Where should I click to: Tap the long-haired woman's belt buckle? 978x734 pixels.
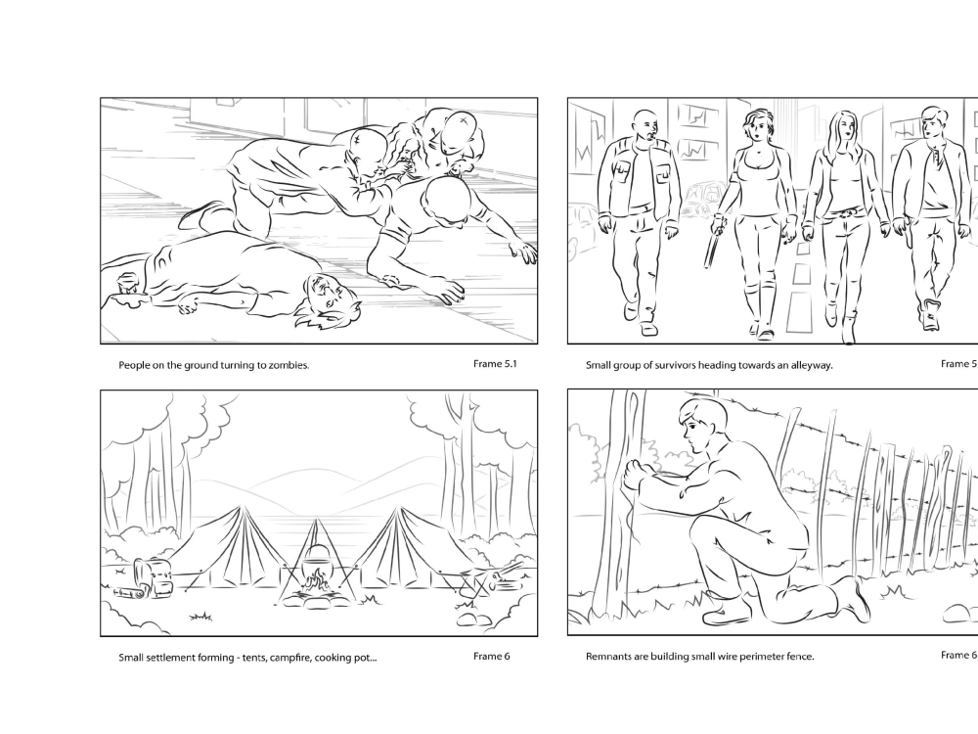[839, 212]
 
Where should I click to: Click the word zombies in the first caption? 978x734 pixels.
[286, 365]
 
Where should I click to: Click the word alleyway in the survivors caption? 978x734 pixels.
[808, 365]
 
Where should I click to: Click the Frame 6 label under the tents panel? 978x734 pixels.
[491, 656]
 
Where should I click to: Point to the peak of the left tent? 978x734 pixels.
[238, 509]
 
